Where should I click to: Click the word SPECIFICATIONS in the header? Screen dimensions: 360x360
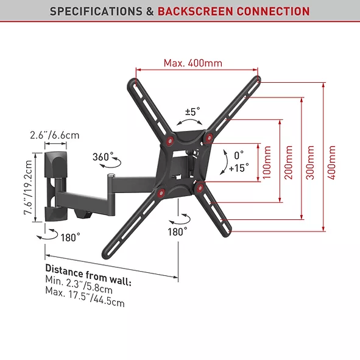(x=96, y=11)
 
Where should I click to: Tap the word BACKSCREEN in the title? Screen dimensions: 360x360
(x=196, y=11)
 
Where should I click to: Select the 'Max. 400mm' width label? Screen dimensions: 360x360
(x=193, y=63)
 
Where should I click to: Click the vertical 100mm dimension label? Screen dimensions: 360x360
(x=267, y=162)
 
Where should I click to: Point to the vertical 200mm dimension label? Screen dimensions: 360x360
(x=288, y=162)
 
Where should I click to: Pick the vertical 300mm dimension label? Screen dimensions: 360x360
(x=310, y=162)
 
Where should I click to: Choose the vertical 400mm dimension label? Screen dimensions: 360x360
(x=331, y=162)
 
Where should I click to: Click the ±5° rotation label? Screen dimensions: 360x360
(x=192, y=111)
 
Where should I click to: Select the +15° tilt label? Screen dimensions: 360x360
(x=239, y=168)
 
